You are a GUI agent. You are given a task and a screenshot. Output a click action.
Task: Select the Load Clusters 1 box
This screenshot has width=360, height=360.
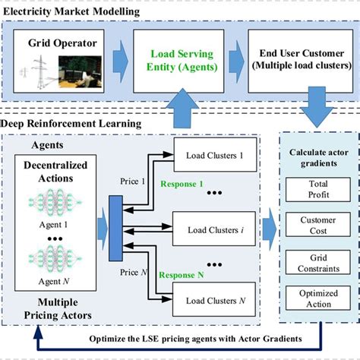(x=216, y=156)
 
